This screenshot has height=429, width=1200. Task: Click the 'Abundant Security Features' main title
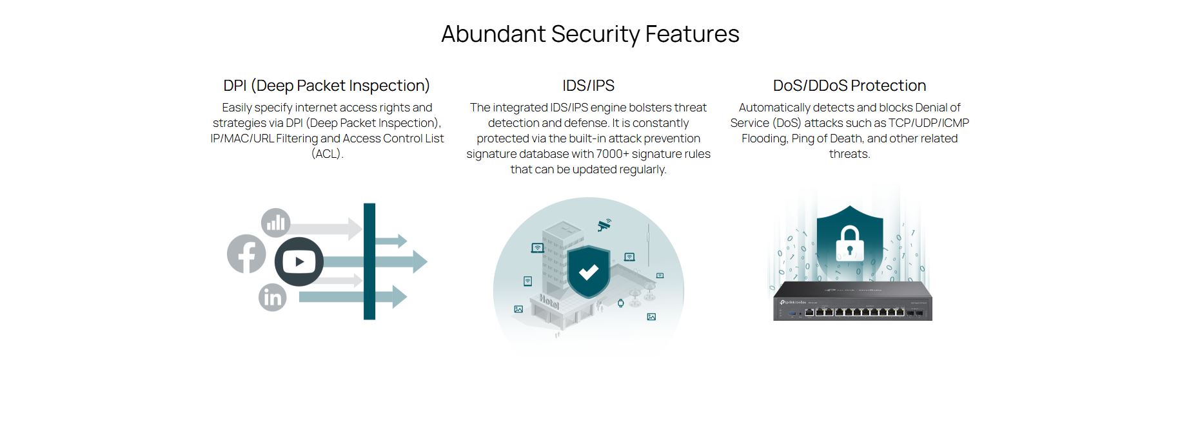(x=590, y=34)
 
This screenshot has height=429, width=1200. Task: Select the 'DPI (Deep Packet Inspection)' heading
(x=326, y=86)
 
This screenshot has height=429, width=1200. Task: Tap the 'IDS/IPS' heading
(x=588, y=86)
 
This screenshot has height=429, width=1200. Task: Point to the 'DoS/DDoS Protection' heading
(x=849, y=86)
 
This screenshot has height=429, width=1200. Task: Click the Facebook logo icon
(x=246, y=254)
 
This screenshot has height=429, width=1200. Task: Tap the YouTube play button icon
(x=299, y=262)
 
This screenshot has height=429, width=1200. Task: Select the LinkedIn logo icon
(x=273, y=298)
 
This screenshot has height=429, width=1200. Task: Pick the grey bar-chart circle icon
(x=276, y=223)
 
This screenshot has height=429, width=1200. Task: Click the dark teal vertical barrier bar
(x=369, y=262)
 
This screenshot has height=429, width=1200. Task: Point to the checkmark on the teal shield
(x=588, y=272)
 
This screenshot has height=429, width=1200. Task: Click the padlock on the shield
(x=849, y=243)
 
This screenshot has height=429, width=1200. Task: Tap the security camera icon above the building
(x=604, y=225)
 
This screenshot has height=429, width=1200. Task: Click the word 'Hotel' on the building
(x=549, y=301)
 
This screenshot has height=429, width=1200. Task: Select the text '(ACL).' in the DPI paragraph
(x=327, y=154)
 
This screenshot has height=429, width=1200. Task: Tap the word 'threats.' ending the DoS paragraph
(x=849, y=154)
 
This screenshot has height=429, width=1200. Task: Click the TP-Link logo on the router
(x=792, y=303)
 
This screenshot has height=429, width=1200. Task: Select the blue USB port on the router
(x=791, y=314)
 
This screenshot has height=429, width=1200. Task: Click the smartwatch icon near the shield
(x=621, y=303)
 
